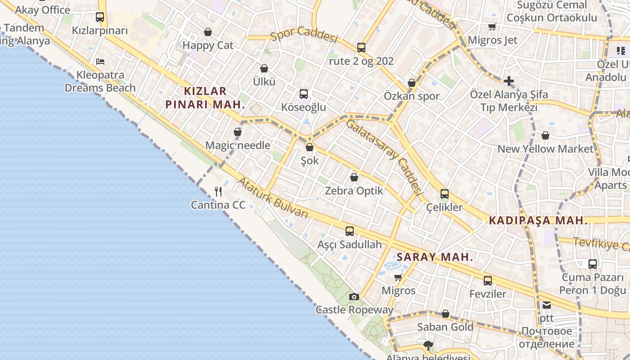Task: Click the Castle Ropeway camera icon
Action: pyautogui.click(x=354, y=297)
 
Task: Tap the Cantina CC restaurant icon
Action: pyautogui.click(x=218, y=192)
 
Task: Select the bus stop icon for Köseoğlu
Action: pyautogui.click(x=304, y=94)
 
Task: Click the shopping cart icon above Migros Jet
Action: pyautogui.click(x=492, y=27)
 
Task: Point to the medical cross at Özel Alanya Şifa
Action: pyautogui.click(x=509, y=81)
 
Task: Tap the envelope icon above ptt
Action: pyautogui.click(x=547, y=305)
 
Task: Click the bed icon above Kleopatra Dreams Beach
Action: pyautogui.click(x=100, y=61)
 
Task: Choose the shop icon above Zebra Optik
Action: pyautogui.click(x=354, y=177)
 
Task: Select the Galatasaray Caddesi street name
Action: pyautogui.click(x=385, y=157)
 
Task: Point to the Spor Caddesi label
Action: pyautogui.click(x=304, y=36)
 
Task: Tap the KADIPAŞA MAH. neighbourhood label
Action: pyautogui.click(x=538, y=220)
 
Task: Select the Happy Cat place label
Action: pyautogui.click(x=208, y=45)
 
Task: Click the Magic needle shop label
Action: pyautogui.click(x=238, y=145)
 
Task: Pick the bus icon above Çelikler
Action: pyautogui.click(x=445, y=194)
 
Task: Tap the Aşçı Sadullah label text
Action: pyautogui.click(x=350, y=245)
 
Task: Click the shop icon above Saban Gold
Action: pyautogui.click(x=445, y=314)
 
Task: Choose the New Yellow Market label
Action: pyautogui.click(x=545, y=149)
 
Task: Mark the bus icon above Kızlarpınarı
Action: pyautogui.click(x=100, y=18)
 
